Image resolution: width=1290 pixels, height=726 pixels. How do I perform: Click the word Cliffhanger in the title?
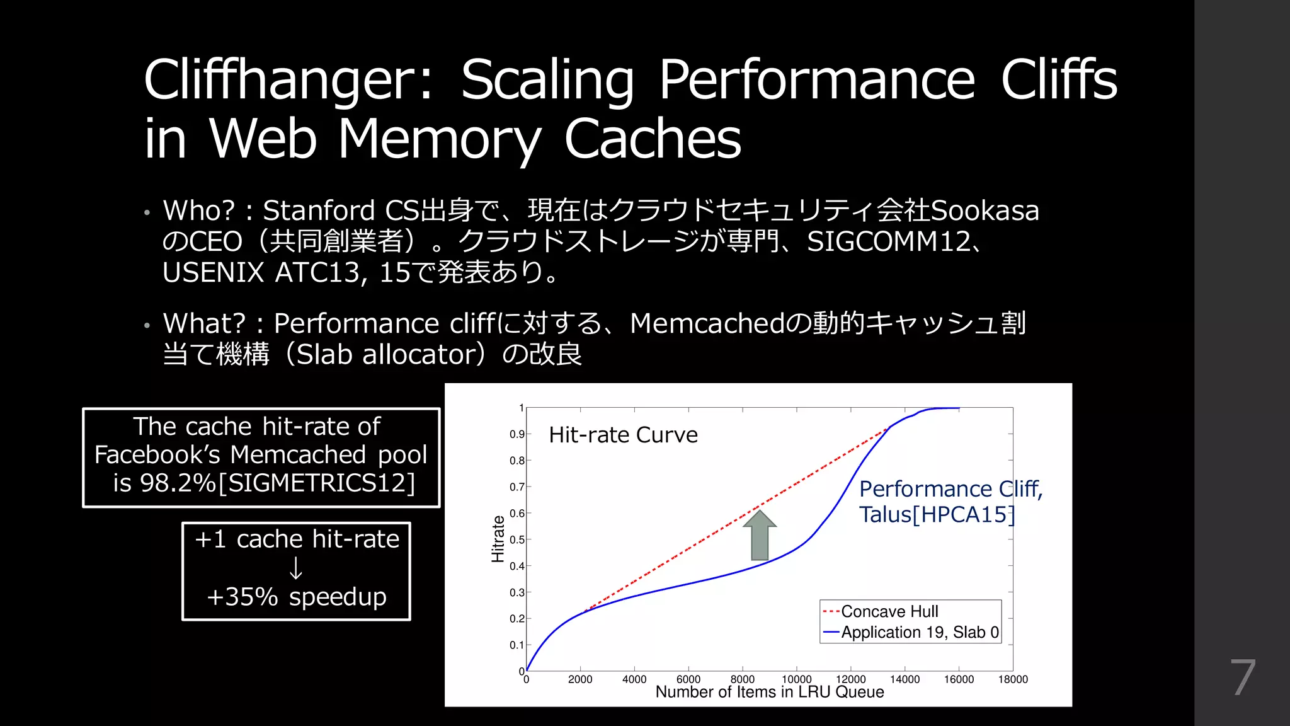[280, 80]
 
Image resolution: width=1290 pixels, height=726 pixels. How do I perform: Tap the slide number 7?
[1243, 677]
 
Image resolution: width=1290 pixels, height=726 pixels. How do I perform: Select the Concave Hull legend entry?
[889, 611]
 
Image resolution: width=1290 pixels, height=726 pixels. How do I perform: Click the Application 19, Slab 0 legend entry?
[920, 632]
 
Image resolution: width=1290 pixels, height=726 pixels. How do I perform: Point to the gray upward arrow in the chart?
[760, 535]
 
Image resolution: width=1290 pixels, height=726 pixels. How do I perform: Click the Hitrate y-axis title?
[498, 539]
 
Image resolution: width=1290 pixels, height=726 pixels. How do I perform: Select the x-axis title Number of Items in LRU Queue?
[770, 692]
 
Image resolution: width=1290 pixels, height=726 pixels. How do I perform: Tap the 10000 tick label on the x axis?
[796, 679]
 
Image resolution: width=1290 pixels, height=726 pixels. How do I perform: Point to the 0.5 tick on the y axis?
[517, 539]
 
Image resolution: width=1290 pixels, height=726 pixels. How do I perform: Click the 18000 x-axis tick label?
[1013, 679]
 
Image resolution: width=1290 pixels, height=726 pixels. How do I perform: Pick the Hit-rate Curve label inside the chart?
[623, 435]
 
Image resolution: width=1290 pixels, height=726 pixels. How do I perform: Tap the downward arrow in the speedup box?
[295, 568]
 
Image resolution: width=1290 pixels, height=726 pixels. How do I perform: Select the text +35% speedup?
[296, 596]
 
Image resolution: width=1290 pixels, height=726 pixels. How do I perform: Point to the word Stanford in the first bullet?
[319, 210]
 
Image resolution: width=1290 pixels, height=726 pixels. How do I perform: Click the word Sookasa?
[985, 210]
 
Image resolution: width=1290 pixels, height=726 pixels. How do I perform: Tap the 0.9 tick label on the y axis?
[517, 434]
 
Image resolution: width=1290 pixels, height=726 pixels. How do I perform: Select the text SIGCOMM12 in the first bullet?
[889, 241]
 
